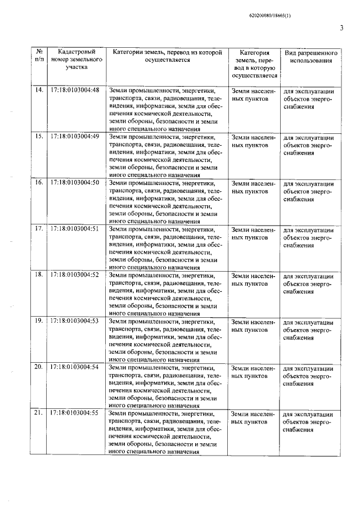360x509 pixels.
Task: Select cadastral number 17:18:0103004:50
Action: (x=75, y=182)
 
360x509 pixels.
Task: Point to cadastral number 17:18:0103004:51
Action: (x=75, y=228)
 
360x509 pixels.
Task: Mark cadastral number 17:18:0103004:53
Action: (x=75, y=321)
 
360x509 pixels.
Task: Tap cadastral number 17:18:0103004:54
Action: (x=75, y=367)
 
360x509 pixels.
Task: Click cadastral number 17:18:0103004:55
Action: (x=75, y=413)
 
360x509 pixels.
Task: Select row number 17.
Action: (x=39, y=228)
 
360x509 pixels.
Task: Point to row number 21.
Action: (x=39, y=413)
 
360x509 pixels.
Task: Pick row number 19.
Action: (x=39, y=321)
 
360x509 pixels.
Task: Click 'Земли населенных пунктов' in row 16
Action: (x=254, y=187)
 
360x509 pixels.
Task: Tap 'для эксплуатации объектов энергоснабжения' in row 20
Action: (x=309, y=375)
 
